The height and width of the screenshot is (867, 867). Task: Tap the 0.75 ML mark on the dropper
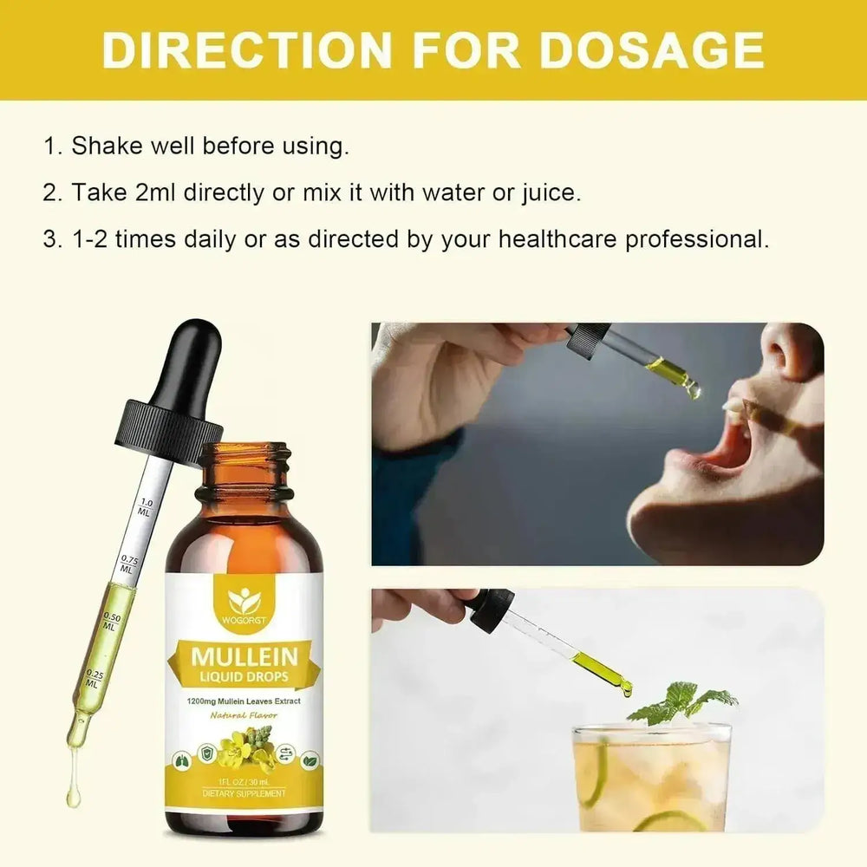[x=127, y=564]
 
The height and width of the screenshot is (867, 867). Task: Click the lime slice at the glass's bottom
[x=668, y=820]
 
